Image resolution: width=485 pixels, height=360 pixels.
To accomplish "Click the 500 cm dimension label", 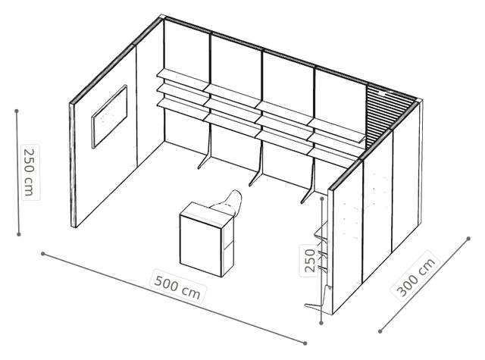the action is (177, 286).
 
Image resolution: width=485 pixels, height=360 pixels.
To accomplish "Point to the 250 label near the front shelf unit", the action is (309, 261).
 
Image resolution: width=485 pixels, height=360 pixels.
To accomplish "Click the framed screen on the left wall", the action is (109, 116).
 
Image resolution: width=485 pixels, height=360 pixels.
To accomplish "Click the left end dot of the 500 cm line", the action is (43, 254).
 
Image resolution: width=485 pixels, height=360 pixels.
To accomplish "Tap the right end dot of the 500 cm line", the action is (305, 343).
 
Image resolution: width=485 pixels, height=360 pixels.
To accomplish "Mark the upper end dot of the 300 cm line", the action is (468, 239).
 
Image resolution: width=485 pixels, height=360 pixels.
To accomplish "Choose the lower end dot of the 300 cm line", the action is (380, 331).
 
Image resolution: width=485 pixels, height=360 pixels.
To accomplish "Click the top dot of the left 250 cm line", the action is (17, 111).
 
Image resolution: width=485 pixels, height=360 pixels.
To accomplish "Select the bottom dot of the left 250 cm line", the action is (19, 234).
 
